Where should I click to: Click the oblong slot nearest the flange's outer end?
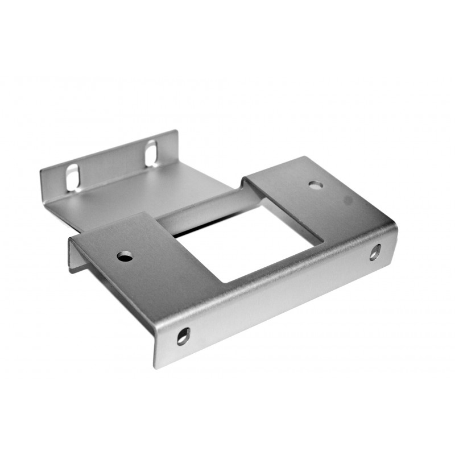pyautogui.click(x=72, y=177)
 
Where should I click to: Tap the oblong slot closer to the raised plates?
pyautogui.click(x=151, y=152)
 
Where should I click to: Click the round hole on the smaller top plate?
pyautogui.click(x=125, y=257)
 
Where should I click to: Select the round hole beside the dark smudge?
pyautogui.click(x=316, y=185)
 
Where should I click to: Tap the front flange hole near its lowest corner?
pyautogui.click(x=183, y=336)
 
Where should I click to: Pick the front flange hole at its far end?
pyautogui.click(x=375, y=252)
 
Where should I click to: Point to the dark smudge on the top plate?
pyautogui.click(x=347, y=200)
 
